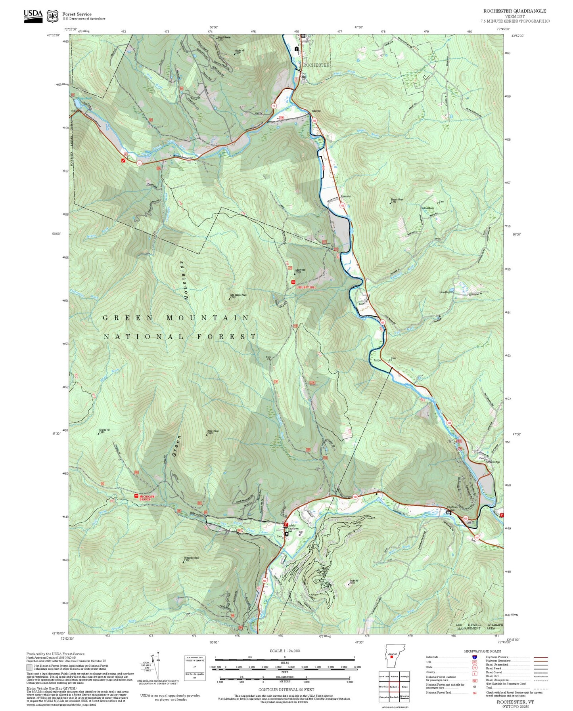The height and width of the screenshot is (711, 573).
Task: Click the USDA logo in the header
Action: pos(33,16)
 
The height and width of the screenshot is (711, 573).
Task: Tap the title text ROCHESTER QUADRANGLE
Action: pos(514,11)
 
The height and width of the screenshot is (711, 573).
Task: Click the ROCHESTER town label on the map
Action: pos(316,65)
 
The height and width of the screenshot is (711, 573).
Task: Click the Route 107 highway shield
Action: pos(477,537)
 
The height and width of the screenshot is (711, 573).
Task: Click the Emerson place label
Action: pos(345,196)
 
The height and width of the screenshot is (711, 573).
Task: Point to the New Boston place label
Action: pos(446,292)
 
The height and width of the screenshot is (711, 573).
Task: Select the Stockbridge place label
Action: pos(493,462)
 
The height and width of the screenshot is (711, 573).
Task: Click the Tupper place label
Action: pos(377,360)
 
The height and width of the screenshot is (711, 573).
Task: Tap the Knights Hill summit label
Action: pos(104,430)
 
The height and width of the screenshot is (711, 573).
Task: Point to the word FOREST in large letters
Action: pos(226,337)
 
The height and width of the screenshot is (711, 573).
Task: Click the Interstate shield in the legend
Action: pos(474,657)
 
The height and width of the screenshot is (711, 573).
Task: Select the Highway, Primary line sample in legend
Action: pos(540,657)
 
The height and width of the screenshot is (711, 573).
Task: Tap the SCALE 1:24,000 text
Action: pos(285,651)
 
